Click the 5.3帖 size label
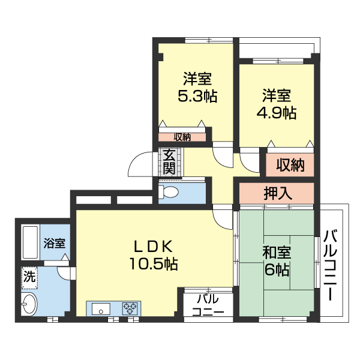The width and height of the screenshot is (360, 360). click(197, 96)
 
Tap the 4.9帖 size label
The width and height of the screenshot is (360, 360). click(277, 112)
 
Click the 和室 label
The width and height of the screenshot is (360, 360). click(277, 253)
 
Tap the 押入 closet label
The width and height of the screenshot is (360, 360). click(278, 193)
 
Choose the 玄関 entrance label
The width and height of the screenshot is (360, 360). click(169, 161)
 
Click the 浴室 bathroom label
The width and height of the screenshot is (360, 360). click(55, 244)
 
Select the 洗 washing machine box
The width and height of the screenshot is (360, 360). click(29, 277)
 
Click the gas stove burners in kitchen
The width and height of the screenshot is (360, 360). click(131, 309)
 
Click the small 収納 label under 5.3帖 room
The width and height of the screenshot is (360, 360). click(182, 137)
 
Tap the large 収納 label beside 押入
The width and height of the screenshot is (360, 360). click(290, 164)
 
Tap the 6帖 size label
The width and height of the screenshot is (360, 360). click(277, 270)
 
